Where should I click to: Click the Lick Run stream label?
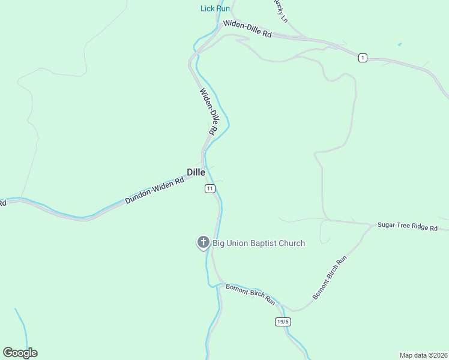coord(215,8)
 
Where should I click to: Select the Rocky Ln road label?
coord(280,10)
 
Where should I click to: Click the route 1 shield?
coord(363,58)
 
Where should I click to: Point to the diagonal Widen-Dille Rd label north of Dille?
coord(208,111)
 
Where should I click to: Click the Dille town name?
coord(196,172)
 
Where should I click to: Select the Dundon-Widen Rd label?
coord(154,191)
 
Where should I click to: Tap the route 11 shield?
coord(209,188)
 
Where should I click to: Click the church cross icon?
coord(203,243)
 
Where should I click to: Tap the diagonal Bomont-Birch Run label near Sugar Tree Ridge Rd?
coord(330,278)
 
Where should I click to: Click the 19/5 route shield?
coord(283,322)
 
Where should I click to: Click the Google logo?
coord(20,353)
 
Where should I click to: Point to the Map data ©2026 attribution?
coord(423,355)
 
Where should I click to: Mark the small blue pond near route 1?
coord(399,44)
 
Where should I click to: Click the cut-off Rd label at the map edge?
coord(2,203)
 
